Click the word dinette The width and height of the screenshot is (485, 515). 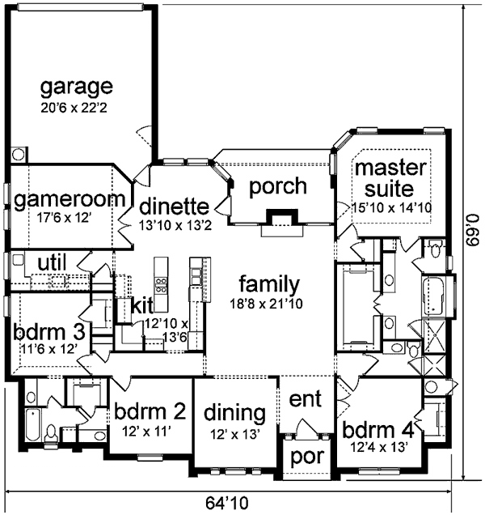(x=175, y=206)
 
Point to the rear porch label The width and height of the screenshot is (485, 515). (x=277, y=186)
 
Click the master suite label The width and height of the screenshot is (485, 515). (x=385, y=179)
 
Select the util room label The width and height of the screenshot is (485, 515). (x=50, y=262)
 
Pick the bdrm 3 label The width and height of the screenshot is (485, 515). (x=48, y=332)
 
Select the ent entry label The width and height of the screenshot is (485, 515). (x=306, y=400)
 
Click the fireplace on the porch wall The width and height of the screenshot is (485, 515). (x=280, y=220)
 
